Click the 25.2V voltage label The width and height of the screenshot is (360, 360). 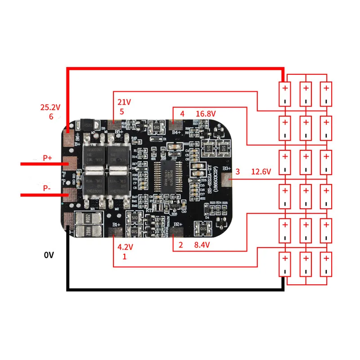49,108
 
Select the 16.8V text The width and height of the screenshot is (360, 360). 206,113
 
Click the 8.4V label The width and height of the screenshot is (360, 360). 202,245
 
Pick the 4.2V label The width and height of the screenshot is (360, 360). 125,247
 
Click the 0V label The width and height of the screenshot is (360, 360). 49,255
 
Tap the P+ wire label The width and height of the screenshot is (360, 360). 47,158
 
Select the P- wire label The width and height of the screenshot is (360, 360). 47,189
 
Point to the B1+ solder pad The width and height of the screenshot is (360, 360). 115,232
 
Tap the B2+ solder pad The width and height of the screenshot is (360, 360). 176,232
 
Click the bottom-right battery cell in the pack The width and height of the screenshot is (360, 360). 326,264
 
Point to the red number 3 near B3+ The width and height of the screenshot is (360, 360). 238,171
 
